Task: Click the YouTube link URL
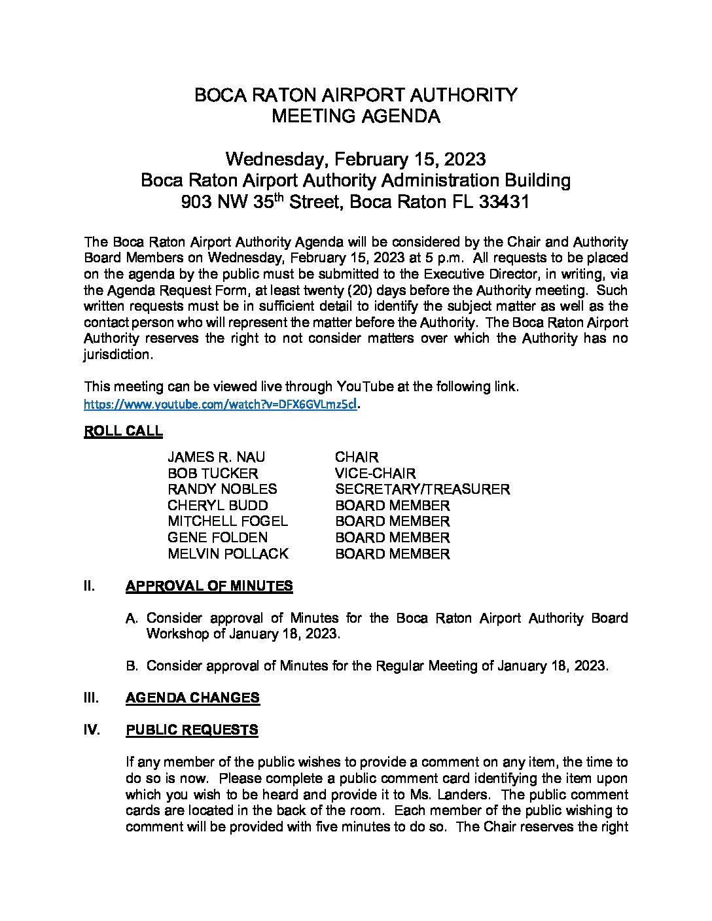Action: [221, 404]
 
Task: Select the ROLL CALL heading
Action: [123, 431]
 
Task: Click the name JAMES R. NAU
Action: [216, 457]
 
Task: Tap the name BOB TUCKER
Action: [213, 473]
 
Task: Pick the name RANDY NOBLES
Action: [222, 489]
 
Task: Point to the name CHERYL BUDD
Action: [217, 506]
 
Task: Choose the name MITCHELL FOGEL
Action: [227, 521]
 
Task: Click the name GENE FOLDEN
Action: [217, 538]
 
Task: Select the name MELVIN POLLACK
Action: [228, 554]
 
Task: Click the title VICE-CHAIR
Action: [375, 473]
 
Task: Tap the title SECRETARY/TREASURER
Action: [422, 489]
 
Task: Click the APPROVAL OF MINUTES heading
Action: [209, 586]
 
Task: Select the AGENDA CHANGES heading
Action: [192, 698]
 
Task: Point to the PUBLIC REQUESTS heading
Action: [192, 730]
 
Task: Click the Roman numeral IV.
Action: [92, 730]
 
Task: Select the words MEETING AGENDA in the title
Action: [355, 116]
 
